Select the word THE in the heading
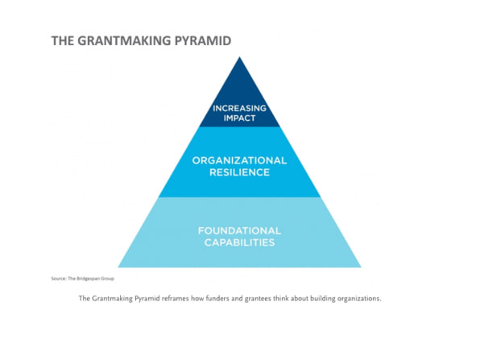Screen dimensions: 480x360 coord(63,41)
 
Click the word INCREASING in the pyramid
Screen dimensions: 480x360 coord(239,109)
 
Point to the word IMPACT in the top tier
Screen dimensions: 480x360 coord(239,118)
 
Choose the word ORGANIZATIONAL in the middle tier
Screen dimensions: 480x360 coord(239,160)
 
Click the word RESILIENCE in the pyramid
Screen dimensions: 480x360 coord(239,172)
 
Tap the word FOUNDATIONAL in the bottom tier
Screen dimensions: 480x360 coord(239,230)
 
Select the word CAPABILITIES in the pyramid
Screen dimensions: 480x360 coord(239,242)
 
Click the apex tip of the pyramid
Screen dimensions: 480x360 coord(240,57)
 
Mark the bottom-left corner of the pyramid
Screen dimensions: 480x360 coord(118,267)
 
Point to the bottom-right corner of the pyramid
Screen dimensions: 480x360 coord(361,267)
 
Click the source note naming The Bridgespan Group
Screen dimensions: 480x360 coord(82,279)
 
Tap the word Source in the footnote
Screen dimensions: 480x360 coord(59,279)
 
